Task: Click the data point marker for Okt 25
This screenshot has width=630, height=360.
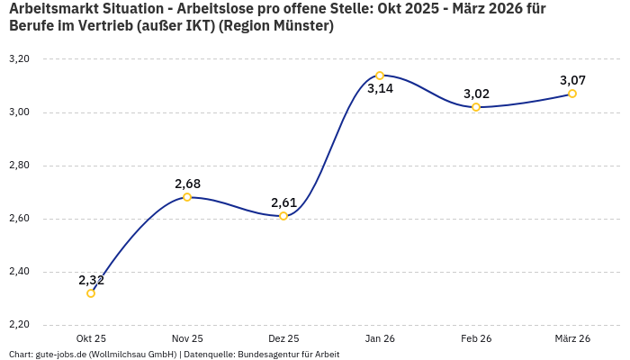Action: click(91, 293)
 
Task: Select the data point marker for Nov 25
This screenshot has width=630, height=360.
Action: click(187, 197)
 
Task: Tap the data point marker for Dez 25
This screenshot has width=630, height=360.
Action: click(283, 216)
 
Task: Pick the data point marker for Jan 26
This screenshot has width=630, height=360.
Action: click(380, 76)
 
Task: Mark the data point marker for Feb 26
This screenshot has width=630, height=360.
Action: click(476, 107)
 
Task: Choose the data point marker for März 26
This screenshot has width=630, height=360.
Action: click(572, 94)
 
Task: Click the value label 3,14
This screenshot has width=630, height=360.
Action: click(380, 89)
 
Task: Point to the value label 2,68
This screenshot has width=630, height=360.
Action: click(187, 184)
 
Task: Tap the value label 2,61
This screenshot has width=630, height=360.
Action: click(283, 202)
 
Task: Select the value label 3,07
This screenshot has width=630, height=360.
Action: click(572, 80)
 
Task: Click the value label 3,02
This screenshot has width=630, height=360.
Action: click(476, 94)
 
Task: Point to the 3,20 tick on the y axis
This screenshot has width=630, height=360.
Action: click(19, 59)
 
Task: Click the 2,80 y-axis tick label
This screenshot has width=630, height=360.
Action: click(19, 166)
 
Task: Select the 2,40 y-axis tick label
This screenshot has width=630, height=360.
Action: click(19, 272)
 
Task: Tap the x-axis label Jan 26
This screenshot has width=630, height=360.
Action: click(380, 338)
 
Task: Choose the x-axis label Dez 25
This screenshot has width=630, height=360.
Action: click(283, 338)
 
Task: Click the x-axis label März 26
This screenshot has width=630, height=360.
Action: click(572, 338)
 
